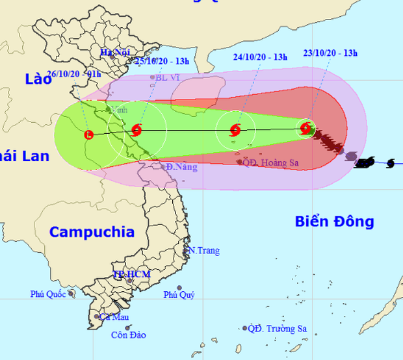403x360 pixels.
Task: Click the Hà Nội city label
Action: coord(115,52)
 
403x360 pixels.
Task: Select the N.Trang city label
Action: coord(204,251)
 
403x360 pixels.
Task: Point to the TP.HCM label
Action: coord(132,274)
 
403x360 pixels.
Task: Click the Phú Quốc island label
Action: coord(48,294)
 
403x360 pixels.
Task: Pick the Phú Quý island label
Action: coord(179,294)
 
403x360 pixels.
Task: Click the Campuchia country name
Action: coord(92,232)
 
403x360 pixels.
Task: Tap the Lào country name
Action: coord(38,79)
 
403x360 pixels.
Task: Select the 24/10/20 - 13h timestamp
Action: coord(260,57)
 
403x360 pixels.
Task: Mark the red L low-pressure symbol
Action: coord(89,135)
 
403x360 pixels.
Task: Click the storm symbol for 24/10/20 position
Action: coord(235,130)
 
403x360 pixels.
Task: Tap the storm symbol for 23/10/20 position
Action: coord(305,128)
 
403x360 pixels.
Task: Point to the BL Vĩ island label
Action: coord(168,77)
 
